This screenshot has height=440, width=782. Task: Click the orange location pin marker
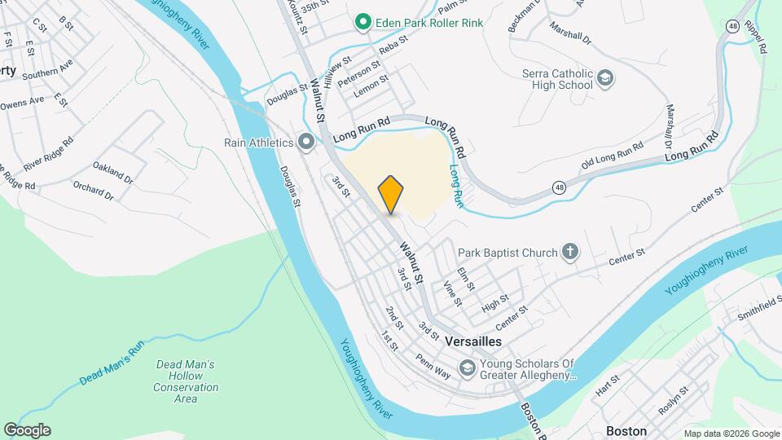click(x=391, y=195)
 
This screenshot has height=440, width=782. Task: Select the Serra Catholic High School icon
click(x=604, y=78)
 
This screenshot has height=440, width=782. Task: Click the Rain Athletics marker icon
click(x=306, y=143)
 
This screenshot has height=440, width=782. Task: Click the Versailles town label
click(x=474, y=342)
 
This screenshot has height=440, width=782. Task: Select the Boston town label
click(x=626, y=430)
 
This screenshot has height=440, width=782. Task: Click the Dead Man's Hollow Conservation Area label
click(x=186, y=381)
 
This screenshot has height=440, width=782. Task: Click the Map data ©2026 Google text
click(x=731, y=433)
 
